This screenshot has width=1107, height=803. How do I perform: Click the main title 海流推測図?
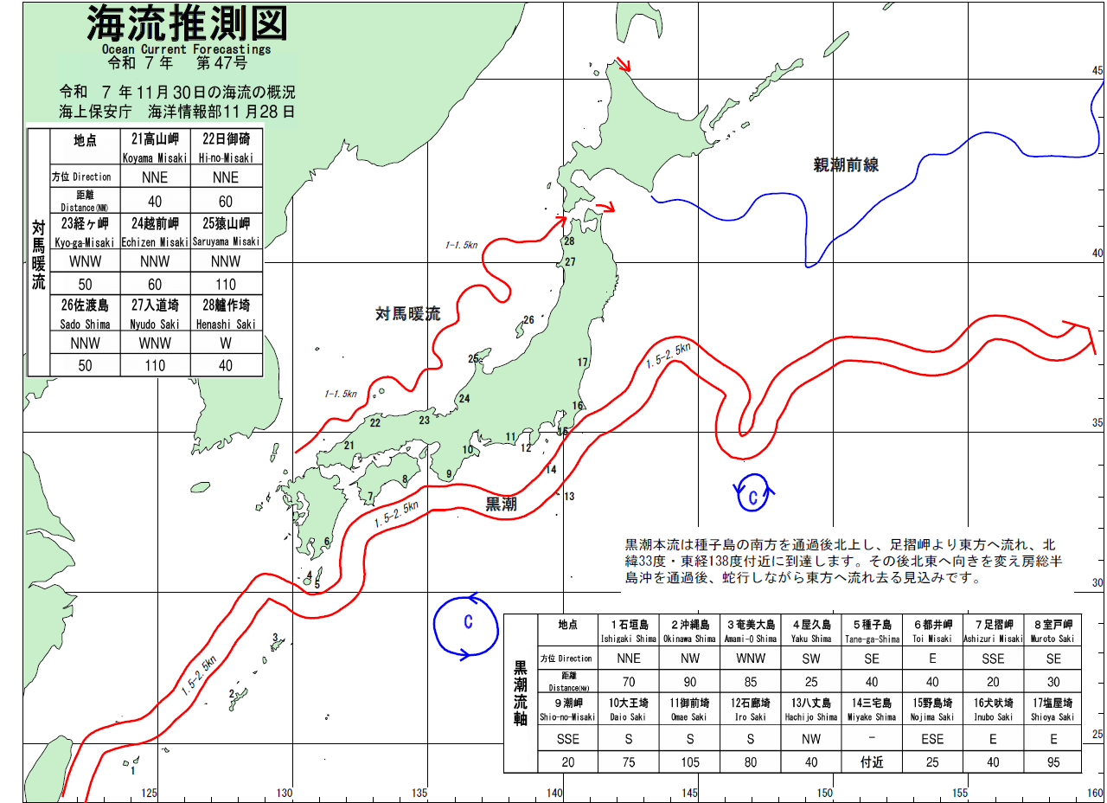(x=186, y=26)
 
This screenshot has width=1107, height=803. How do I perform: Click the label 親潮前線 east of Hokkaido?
(x=846, y=164)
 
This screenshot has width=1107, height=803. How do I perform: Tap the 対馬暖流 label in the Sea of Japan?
(x=407, y=313)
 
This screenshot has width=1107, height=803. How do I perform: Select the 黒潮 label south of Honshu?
(x=501, y=504)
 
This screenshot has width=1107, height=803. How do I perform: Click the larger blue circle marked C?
(x=467, y=624)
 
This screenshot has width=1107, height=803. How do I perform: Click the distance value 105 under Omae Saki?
(x=691, y=763)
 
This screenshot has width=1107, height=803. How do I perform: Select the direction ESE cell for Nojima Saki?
(x=932, y=739)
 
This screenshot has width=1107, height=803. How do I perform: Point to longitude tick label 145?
(x=690, y=792)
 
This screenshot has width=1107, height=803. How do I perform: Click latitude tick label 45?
(x=1097, y=71)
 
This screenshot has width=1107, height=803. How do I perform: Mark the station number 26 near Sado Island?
(x=528, y=320)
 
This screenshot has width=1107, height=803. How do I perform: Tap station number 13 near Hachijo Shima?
(x=568, y=496)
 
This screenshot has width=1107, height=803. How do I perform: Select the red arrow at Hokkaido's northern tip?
(x=623, y=65)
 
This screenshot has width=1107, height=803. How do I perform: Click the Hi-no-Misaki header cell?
(x=225, y=146)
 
